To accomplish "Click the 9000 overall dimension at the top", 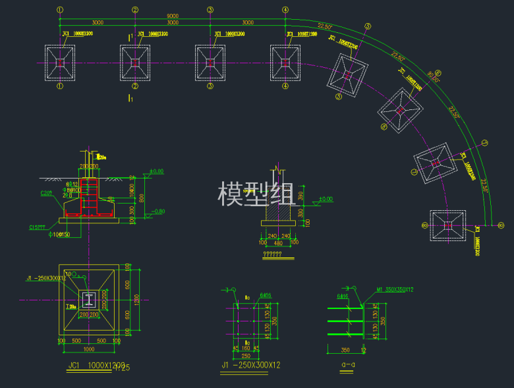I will [x=172, y=15].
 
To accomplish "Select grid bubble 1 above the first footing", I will [x=60, y=10].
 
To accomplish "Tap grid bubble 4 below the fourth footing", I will [x=285, y=86].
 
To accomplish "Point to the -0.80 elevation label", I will [x=158, y=211].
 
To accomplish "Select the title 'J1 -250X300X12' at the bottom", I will [x=252, y=365].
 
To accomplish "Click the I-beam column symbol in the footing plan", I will [x=88, y=300].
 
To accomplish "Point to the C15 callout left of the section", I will [x=37, y=227].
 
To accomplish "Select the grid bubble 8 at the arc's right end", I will [x=501, y=226].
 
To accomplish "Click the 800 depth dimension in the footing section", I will [x=141, y=196].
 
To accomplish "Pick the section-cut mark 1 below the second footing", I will [x=131, y=98].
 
